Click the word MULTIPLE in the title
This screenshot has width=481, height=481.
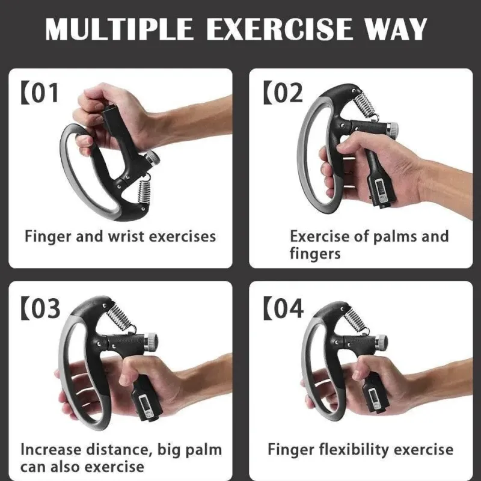pos(119,29)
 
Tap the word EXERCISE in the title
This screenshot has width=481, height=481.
pos(279,29)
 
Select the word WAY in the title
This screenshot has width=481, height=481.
pos(396,29)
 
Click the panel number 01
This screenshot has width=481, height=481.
pos(44,93)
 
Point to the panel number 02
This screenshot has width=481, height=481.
pos(288,93)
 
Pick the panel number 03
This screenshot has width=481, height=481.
pos(45,308)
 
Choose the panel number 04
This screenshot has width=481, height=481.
pos(288,308)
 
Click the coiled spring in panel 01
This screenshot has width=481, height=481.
pos(144,190)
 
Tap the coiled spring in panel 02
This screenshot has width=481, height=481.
pos(365,105)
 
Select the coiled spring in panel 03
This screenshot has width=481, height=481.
pos(121,317)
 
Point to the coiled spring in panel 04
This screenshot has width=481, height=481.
pos(357,320)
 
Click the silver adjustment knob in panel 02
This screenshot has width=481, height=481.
pos(392,130)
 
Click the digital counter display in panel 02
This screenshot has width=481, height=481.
pos(381,191)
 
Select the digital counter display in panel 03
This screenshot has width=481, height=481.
pos(144,405)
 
